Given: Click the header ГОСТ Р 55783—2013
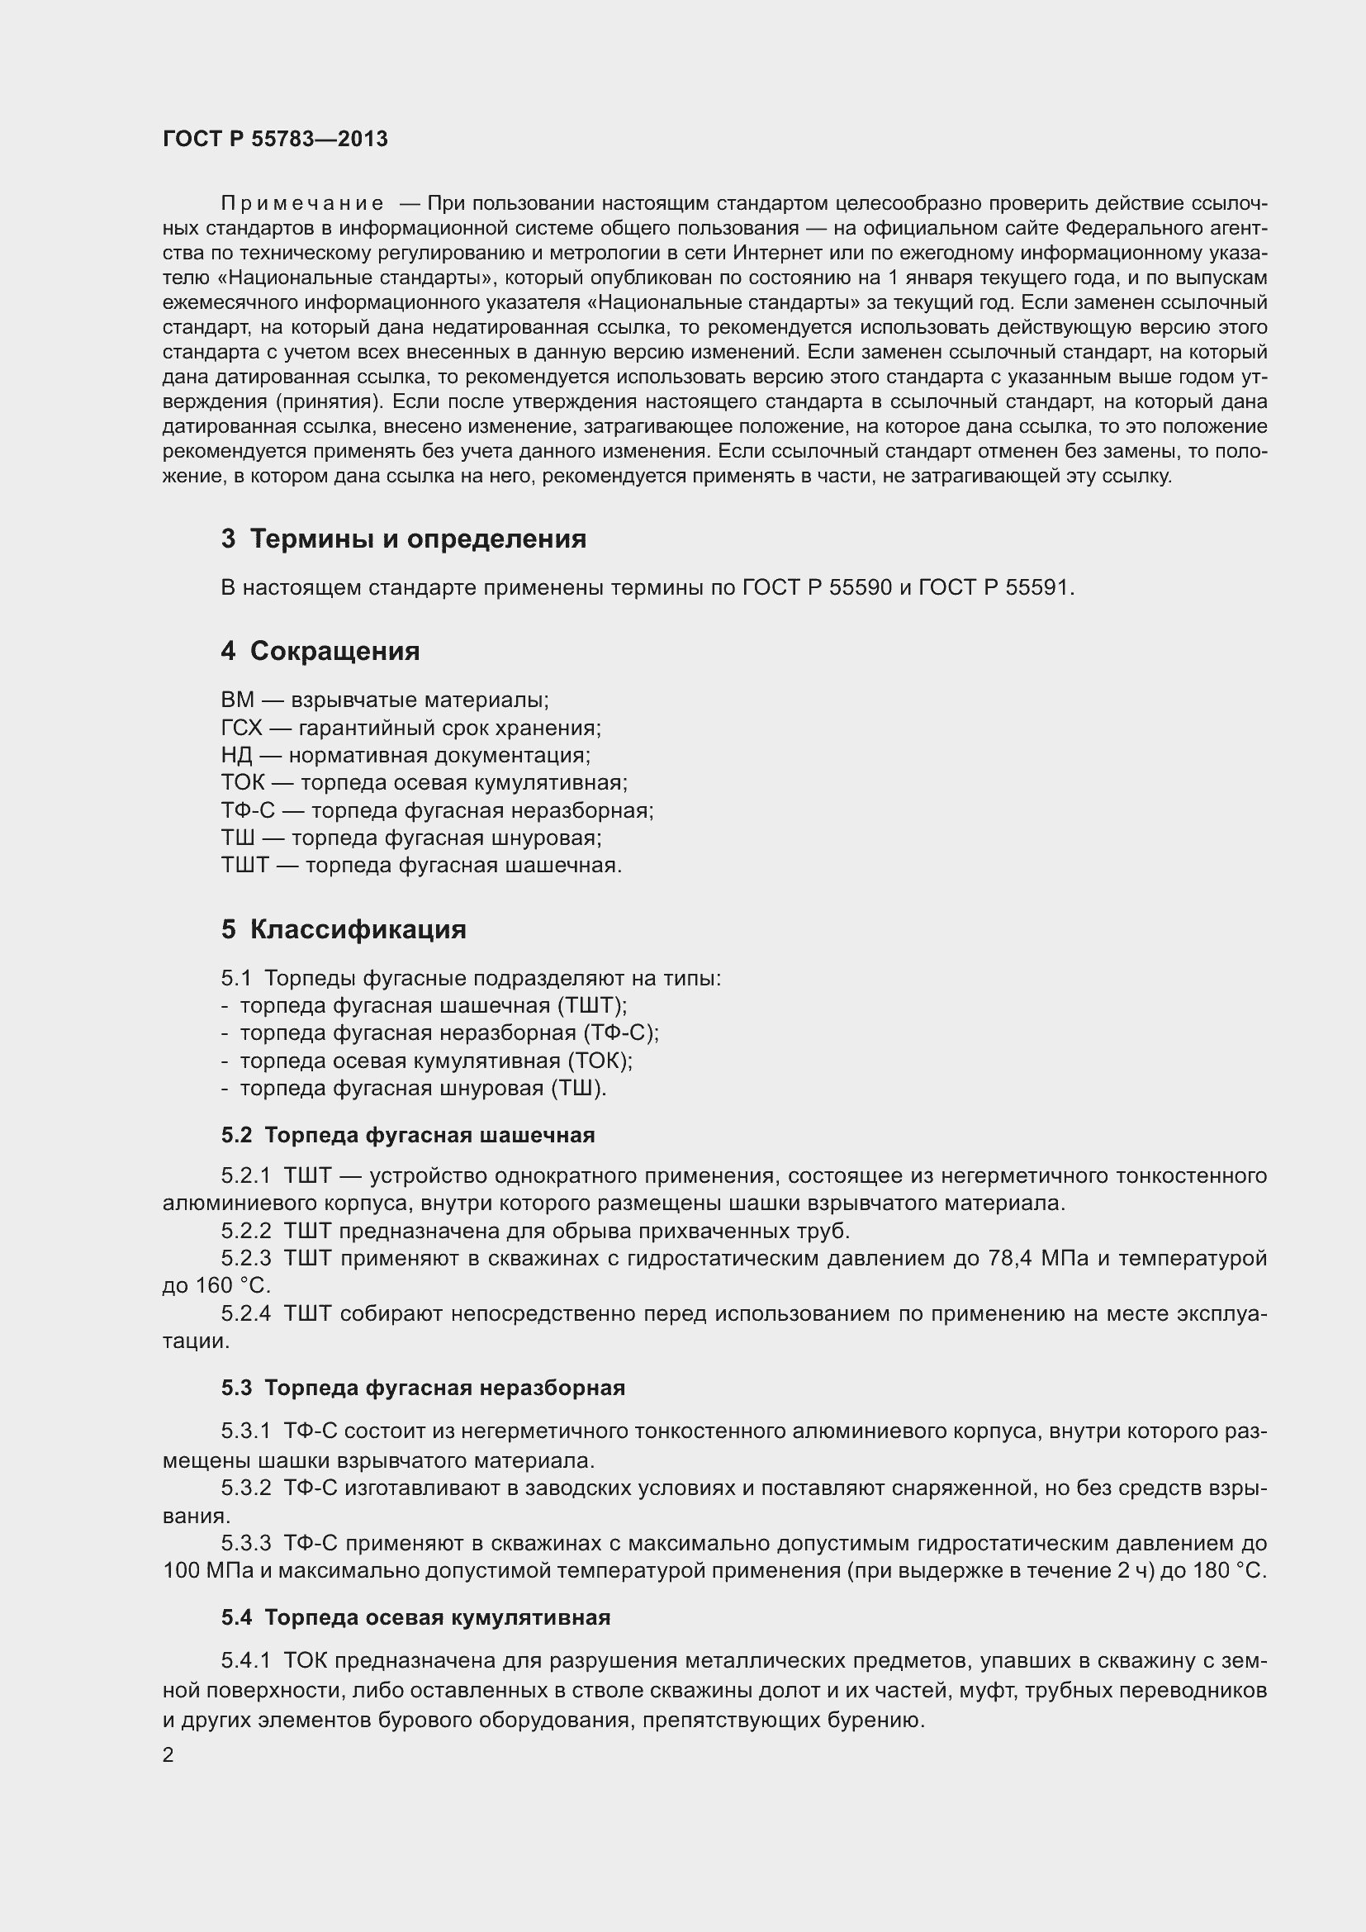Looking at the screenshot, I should (275, 139).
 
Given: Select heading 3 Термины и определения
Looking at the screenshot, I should (404, 539).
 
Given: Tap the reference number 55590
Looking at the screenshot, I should (860, 587).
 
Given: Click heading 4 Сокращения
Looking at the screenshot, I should (320, 651).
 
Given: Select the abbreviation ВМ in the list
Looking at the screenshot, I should (236, 700).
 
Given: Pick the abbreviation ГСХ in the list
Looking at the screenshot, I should (241, 728).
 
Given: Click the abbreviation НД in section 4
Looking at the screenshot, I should (236, 755).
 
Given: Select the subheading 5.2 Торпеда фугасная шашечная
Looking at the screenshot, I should (408, 1135).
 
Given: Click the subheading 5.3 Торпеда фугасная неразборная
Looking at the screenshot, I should (423, 1388).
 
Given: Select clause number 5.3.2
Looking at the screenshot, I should (245, 1488).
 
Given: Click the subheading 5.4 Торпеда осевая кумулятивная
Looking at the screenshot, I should (415, 1617).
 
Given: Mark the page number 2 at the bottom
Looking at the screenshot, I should (168, 1755).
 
